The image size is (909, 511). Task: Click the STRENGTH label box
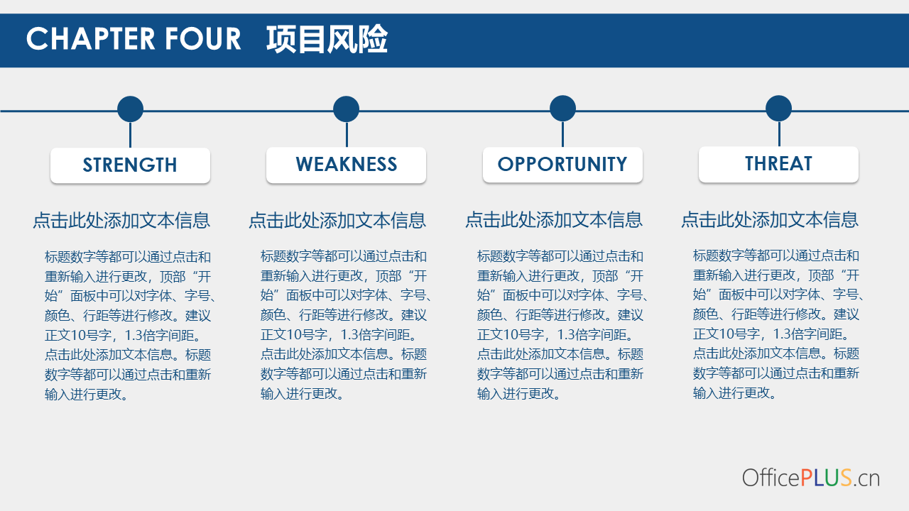click(x=130, y=165)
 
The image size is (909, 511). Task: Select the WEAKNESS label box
click(x=346, y=165)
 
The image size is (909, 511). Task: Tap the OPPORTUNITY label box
click(x=563, y=164)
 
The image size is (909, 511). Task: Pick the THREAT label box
click(x=779, y=164)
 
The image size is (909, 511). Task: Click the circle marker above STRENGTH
click(x=130, y=109)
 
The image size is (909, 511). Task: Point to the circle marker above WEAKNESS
click(x=346, y=109)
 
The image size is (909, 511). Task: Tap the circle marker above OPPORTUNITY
click(x=563, y=109)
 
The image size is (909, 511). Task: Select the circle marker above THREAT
click(x=779, y=109)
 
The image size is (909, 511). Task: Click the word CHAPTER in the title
click(x=91, y=39)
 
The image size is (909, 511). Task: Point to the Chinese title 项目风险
click(x=327, y=39)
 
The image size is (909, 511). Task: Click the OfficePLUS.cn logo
click(x=811, y=478)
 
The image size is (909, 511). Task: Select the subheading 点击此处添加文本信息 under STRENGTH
click(x=121, y=221)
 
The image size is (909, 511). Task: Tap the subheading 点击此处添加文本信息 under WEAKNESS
click(x=337, y=220)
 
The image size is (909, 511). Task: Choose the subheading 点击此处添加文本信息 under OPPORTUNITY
click(x=554, y=220)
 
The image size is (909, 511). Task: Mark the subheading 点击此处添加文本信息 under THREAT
click(x=770, y=219)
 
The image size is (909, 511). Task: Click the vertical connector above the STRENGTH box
click(x=130, y=135)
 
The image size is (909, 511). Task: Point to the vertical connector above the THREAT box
click(x=779, y=134)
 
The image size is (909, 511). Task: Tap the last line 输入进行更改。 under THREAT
click(x=734, y=393)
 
